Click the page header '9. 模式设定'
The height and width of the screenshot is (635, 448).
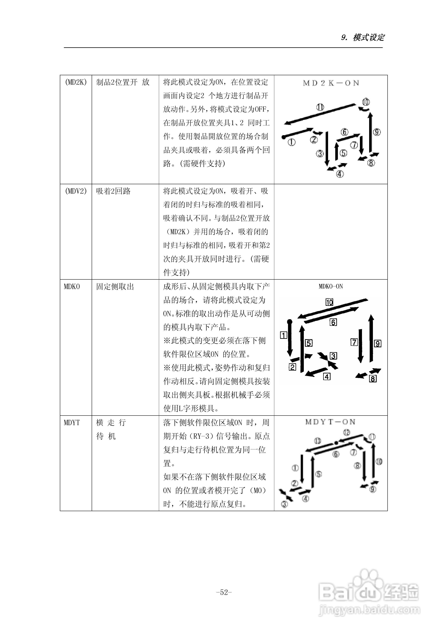click(363, 37)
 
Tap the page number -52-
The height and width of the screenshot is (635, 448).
click(224, 592)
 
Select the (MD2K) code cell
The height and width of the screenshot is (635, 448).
click(76, 82)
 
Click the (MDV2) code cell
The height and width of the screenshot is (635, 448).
click(76, 191)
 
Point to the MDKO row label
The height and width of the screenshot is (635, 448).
click(72, 287)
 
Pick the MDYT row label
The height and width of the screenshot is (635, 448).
click(72, 423)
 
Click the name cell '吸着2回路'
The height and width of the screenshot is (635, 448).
click(113, 191)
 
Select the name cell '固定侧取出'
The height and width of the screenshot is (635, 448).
click(115, 287)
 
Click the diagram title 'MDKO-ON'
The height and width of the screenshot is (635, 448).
click(331, 287)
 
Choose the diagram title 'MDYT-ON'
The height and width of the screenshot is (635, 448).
click(330, 422)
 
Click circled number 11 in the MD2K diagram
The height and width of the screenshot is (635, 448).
click(320, 107)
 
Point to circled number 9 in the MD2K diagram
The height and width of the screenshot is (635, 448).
click(377, 132)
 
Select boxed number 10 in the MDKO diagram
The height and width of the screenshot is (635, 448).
click(329, 302)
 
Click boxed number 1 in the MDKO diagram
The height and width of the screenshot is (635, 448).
click(284, 335)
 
